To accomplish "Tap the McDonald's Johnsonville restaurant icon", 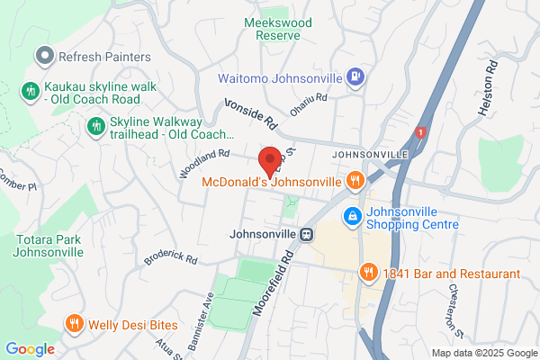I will (356, 181).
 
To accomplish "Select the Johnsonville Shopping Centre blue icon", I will (352, 217).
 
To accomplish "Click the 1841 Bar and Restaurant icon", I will (367, 273).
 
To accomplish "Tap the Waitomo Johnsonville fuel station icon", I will (356, 76).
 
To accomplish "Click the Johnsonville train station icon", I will (308, 234).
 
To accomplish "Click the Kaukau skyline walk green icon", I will (30, 90).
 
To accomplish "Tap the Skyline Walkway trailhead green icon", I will (94, 127).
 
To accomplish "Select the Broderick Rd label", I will (170, 258).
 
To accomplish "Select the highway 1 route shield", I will (418, 133).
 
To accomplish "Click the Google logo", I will (30, 349).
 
